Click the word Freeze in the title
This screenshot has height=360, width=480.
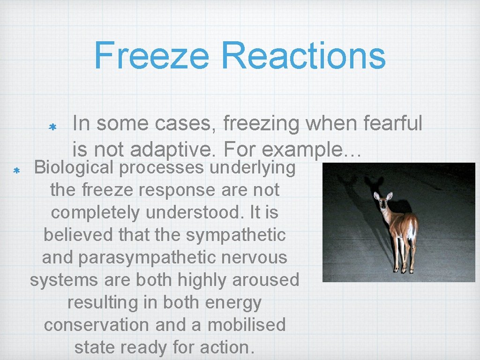[x=151, y=55]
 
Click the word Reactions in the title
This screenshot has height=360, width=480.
[x=304, y=55]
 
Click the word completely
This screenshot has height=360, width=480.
[x=95, y=212]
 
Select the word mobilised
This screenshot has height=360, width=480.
[x=246, y=325]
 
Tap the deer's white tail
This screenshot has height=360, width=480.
[x=411, y=232]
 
